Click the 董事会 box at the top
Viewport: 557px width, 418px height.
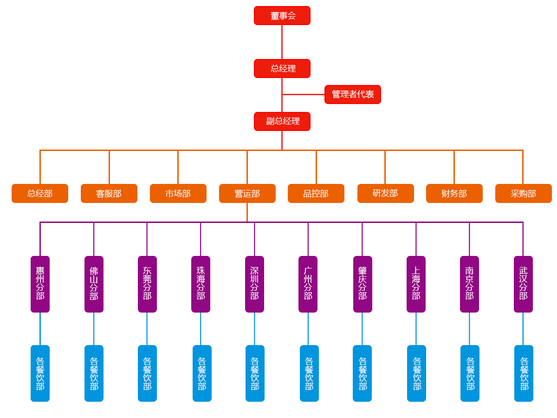282,16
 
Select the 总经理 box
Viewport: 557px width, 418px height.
282,68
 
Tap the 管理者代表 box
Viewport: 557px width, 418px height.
353,94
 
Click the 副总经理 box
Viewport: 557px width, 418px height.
282,121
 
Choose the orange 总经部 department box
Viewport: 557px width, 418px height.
40,193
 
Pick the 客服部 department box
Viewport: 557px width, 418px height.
109,193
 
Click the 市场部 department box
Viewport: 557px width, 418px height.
178,193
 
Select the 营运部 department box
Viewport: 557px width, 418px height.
247,193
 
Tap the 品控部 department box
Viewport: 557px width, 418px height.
316,193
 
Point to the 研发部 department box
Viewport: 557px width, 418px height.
385,193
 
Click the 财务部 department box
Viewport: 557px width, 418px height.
454,193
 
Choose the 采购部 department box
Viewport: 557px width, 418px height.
523,193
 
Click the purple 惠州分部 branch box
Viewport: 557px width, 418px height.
40,283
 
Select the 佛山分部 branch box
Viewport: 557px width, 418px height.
94,283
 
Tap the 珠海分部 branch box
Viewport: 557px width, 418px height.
201,283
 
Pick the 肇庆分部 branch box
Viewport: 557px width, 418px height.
363,283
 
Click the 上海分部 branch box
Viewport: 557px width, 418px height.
416,283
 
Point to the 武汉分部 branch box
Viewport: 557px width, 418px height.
523,283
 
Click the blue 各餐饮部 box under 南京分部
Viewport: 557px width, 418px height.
470,373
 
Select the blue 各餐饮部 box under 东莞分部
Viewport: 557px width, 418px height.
147,373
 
